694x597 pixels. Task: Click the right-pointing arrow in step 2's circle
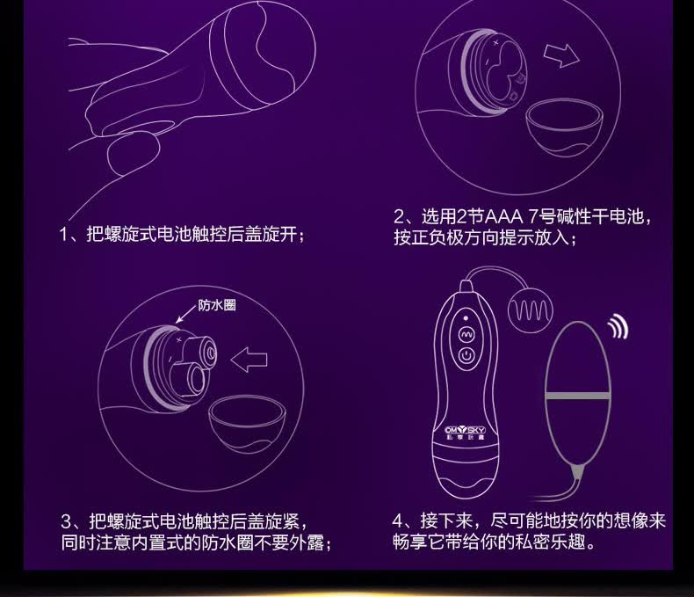pos(561,55)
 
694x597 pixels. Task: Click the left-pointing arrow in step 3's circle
pos(249,360)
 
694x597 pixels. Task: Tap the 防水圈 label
pos(217,305)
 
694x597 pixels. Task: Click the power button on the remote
pos(466,355)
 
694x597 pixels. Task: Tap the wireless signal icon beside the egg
pos(618,327)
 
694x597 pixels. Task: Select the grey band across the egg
pos(578,396)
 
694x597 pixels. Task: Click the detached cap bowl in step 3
pos(248,423)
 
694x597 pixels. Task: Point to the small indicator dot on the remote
pos(466,318)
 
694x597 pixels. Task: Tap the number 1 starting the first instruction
pos(64,234)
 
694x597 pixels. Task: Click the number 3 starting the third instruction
pos(66,521)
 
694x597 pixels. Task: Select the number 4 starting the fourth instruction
pos(398,521)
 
